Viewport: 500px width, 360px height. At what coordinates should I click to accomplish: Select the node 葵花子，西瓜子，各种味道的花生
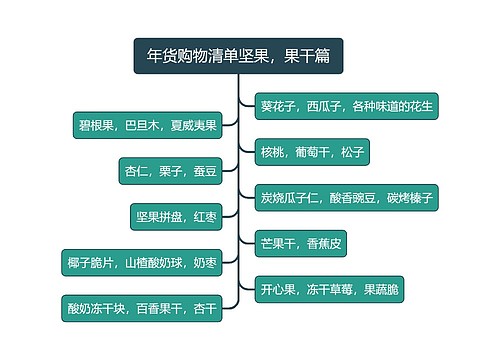coord(343,104)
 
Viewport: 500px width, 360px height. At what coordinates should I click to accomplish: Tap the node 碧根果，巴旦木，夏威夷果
coord(147,126)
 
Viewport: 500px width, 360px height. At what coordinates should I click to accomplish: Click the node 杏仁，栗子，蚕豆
coord(170,171)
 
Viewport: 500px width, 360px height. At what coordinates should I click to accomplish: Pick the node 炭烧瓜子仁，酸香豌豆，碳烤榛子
coord(346,197)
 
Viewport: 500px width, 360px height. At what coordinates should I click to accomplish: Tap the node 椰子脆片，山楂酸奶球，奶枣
coord(141,262)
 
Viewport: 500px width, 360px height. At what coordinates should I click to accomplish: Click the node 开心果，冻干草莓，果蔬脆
coord(329,289)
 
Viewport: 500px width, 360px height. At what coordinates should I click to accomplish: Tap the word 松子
coord(353,152)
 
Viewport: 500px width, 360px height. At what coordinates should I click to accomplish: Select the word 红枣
coord(205,216)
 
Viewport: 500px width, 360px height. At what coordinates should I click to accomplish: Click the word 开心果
coord(280,289)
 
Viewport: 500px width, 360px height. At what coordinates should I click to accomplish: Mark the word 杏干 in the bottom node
coord(205,308)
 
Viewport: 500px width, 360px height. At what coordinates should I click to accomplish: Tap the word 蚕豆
coord(203,171)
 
